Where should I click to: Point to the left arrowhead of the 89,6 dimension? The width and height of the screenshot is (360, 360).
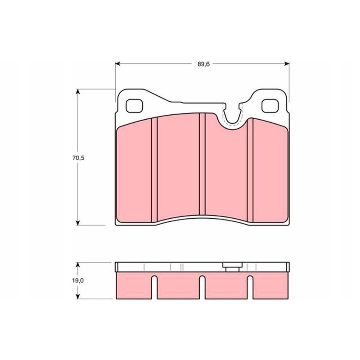(118, 64)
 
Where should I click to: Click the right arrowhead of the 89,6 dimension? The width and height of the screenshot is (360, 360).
(287, 64)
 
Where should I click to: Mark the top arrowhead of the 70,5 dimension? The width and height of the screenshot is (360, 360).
(78, 92)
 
